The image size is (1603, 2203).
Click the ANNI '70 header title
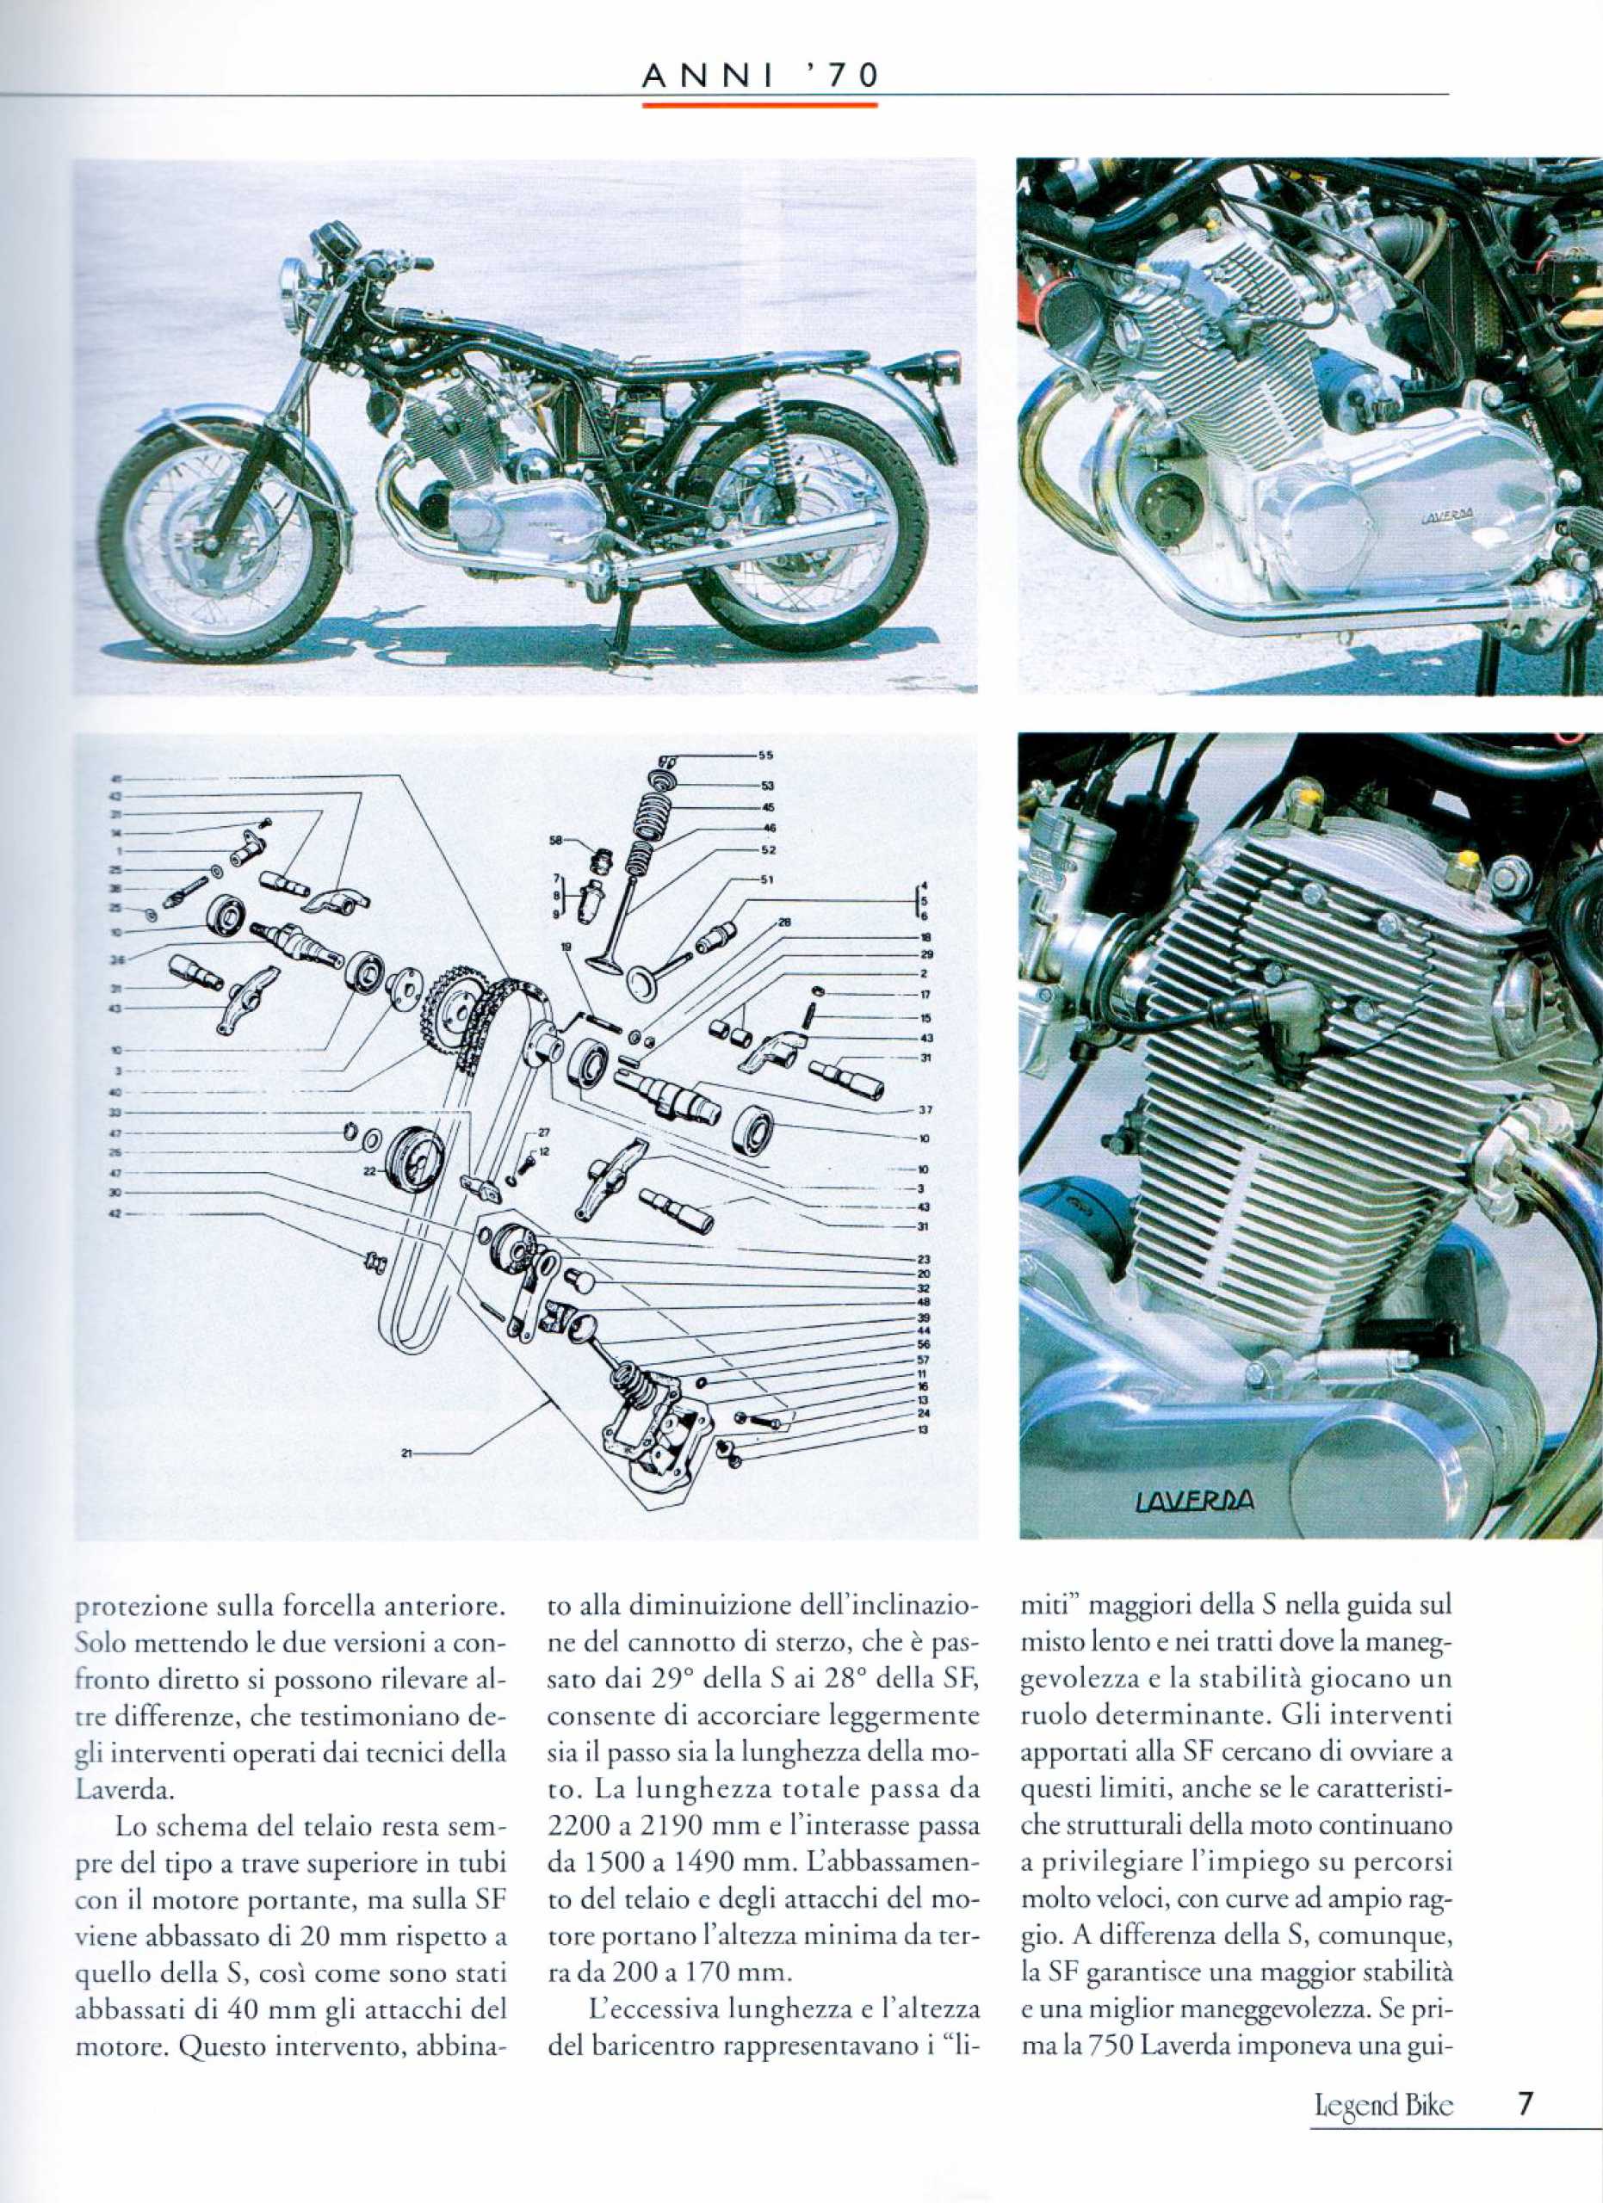tap(762, 74)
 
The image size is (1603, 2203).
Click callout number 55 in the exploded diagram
tap(764, 756)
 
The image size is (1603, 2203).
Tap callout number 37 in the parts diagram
tap(924, 1110)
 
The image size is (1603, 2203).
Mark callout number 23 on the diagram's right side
tap(924, 1260)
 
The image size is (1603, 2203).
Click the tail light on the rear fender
tap(944, 370)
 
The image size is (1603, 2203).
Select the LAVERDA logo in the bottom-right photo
tap(1194, 1503)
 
